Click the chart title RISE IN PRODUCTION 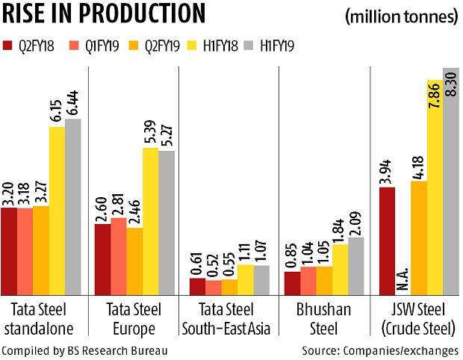[105, 14]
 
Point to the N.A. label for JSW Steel [403, 277]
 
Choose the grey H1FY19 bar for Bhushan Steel [355, 266]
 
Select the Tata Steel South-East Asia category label [228, 319]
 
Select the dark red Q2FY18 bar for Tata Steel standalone [10, 250]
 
